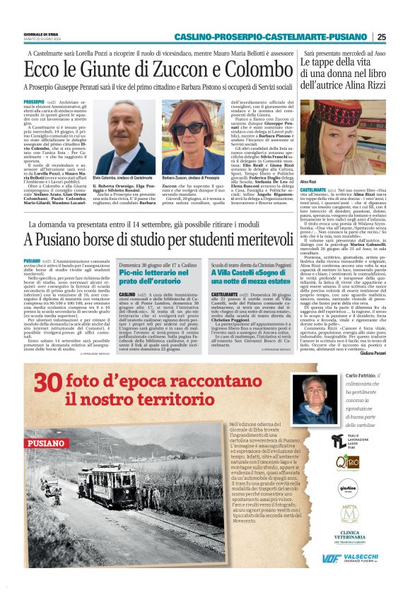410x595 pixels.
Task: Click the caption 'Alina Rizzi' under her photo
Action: [310, 182]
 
